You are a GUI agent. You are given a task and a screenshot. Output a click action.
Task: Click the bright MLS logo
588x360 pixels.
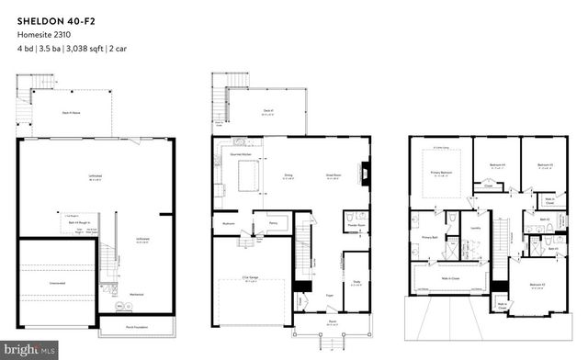31,348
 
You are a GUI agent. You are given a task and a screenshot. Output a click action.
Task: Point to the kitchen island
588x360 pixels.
251,177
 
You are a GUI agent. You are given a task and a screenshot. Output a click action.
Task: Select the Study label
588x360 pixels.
356,283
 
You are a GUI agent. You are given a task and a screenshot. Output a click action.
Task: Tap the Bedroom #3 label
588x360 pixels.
545,165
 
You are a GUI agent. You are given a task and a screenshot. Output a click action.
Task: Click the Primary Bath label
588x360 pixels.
430,236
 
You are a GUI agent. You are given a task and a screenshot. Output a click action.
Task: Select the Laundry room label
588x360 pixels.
475,228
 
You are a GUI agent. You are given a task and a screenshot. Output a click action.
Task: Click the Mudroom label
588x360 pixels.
231,223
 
